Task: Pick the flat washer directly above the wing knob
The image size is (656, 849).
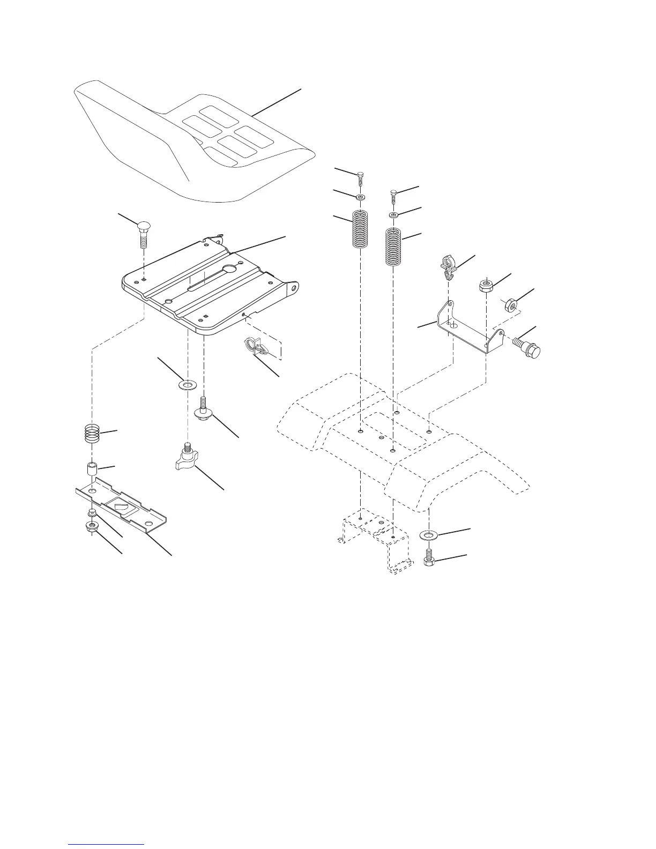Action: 188,385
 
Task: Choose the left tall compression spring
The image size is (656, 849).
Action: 360,229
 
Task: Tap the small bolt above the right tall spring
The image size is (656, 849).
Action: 394,196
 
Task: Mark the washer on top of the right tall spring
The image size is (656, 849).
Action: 394,215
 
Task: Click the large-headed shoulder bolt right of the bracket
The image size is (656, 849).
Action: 528,347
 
